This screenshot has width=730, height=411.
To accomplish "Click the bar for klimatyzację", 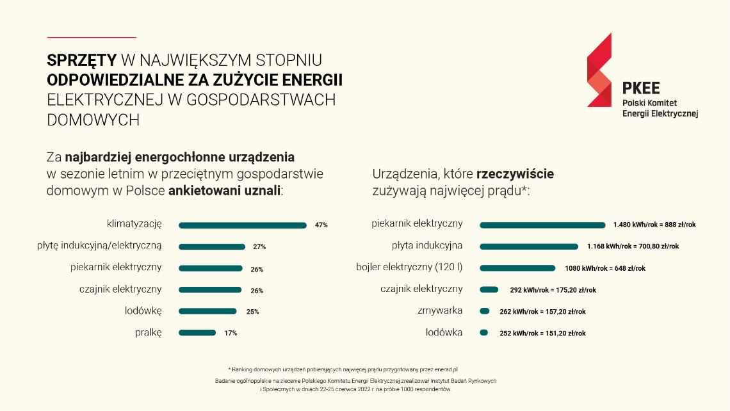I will pos(242,225).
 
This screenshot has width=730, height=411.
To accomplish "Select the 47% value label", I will pos(321,225).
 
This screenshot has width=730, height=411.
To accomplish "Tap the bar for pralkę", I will pos(197,333).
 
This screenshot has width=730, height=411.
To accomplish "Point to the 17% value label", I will pos(231,333).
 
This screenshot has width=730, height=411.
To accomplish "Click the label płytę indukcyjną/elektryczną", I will pos(100,246).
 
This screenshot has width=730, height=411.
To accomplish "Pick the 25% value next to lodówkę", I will pos(252,312).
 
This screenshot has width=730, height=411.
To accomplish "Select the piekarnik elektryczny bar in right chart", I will pos(542,225).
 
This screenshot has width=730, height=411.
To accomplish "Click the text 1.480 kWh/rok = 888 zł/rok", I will pos(654,225).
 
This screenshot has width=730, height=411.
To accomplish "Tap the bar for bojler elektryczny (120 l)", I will pos(517,268).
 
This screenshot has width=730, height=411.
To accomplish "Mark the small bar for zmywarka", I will pos(485,311).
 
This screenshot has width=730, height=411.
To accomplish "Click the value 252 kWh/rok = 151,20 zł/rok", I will pos(542,333).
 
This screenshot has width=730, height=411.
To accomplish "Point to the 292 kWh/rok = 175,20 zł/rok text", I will pos(553,290).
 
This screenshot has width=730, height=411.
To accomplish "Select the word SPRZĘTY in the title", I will pos(82,60).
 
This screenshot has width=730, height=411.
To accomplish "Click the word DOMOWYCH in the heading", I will pos(93,120).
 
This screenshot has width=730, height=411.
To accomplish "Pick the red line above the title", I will pos(92,38).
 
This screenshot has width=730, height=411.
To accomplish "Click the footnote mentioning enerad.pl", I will pos(344,369).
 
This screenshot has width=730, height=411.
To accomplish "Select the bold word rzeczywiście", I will pos(515,174).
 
